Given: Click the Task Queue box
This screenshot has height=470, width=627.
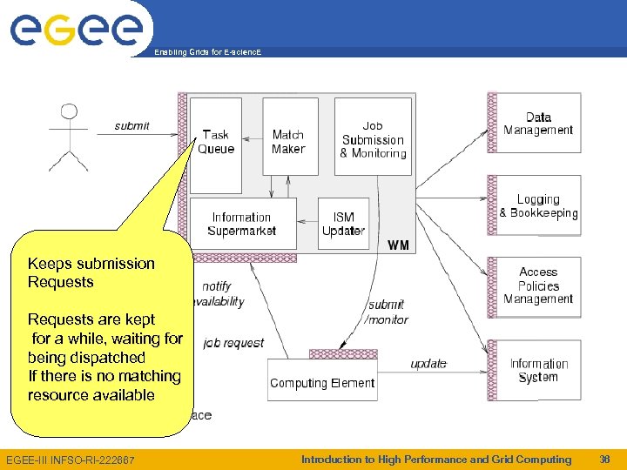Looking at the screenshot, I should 216,144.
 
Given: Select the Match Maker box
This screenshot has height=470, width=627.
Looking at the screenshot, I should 289,141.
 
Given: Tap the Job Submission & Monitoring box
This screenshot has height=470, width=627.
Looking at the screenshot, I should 373,138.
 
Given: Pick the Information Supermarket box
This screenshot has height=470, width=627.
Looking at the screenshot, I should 241,224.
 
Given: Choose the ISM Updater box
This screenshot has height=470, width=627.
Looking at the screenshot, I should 343,224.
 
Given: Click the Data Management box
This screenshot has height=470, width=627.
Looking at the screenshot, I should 538,124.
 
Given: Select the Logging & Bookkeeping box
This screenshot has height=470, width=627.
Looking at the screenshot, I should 538,206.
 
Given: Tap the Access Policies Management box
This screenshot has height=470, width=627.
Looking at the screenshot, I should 538,285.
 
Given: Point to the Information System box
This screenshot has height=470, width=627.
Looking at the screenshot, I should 538,370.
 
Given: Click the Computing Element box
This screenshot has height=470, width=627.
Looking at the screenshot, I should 322,383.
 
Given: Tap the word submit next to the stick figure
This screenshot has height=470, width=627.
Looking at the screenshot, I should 131,126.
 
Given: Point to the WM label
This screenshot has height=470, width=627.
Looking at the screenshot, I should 398,245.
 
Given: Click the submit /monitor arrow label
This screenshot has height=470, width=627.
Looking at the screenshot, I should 387,312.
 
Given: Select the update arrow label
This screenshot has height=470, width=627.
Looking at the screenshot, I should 428,363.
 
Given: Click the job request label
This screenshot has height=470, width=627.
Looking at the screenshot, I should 233,343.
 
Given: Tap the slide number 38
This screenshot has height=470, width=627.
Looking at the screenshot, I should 605,460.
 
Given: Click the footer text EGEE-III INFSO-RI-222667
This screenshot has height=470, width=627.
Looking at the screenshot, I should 71,460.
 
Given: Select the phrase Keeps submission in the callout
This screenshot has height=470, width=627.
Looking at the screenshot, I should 91,264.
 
